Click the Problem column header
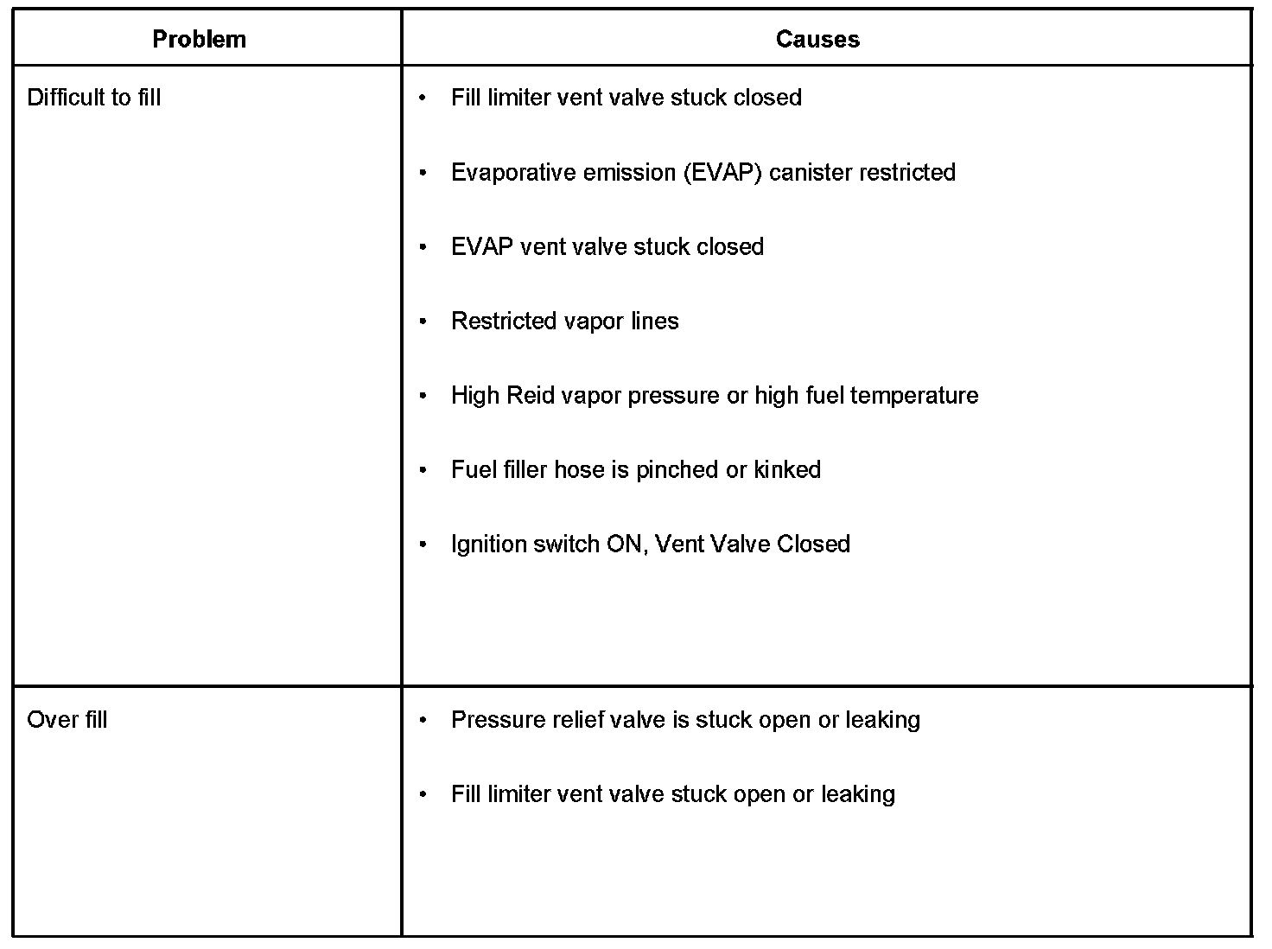pos(199,40)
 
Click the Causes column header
pos(817,40)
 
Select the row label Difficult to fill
pos(94,98)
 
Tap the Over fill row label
pos(67,720)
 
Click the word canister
pos(808,172)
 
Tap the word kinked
pos(787,470)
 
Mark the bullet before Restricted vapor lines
pos(423,322)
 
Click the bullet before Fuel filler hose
pos(423,470)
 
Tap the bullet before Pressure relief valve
pos(423,720)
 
